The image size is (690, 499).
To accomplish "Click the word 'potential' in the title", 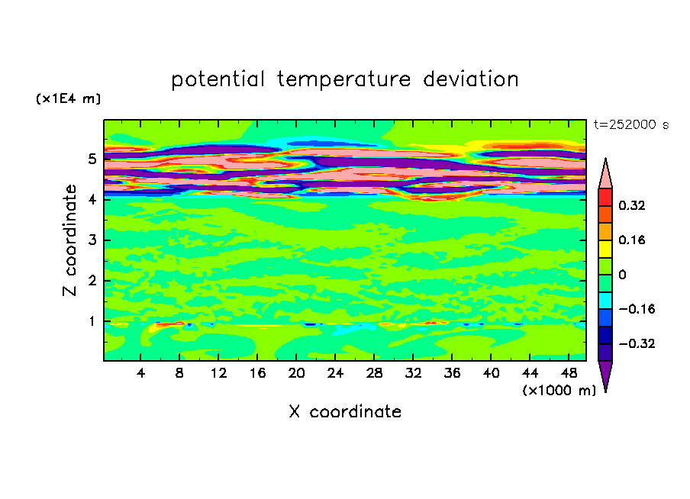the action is (218, 79).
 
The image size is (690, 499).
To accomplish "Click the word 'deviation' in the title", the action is (471, 79).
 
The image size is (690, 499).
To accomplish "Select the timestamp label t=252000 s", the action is (631, 124).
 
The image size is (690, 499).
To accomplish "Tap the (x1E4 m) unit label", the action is (68, 98).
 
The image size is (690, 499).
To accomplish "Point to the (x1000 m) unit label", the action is (559, 390).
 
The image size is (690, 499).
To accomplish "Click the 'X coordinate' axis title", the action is (345, 411).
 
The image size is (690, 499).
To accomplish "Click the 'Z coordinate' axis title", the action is (70, 240).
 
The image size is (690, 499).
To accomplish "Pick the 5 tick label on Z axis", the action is (92, 159).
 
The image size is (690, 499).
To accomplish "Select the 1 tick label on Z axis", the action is (92, 321).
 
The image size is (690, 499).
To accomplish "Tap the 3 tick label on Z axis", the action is (92, 240).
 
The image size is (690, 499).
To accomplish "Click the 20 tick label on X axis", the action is (296, 373).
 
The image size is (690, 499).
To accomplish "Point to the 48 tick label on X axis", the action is (569, 373).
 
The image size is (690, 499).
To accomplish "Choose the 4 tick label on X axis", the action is (140, 373).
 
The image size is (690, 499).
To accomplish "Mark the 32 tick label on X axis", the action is (413, 373).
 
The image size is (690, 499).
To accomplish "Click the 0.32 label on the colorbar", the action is (631, 205).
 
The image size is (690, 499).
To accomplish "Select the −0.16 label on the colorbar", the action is (637, 309).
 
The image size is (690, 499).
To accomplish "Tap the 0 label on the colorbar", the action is (622, 275).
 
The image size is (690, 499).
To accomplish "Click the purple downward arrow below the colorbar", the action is (605, 374).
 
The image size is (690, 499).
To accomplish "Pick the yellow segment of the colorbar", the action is (605, 249).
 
